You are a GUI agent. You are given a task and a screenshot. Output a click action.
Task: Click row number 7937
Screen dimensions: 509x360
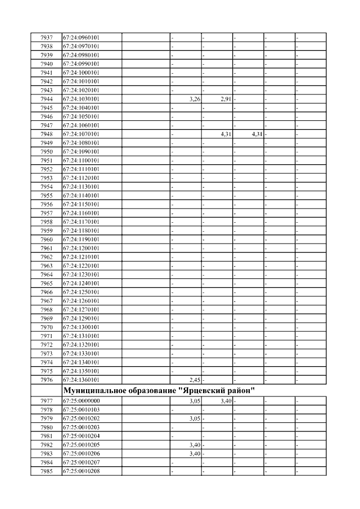[47, 38]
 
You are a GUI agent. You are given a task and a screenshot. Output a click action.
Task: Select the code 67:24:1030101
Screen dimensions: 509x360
[81, 99]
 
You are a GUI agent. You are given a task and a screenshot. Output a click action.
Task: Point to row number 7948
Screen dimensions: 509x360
[47, 134]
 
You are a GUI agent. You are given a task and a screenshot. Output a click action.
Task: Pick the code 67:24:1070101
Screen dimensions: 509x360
[81, 134]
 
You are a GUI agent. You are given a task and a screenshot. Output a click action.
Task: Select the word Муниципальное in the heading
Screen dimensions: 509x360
[93, 390]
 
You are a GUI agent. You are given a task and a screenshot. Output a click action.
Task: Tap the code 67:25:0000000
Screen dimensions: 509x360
[81, 401]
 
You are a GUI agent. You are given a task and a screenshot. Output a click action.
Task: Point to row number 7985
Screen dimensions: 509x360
[47, 471]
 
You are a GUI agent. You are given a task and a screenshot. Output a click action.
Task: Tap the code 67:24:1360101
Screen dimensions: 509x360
[81, 380]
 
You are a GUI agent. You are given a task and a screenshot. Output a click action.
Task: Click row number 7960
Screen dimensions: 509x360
[47, 240]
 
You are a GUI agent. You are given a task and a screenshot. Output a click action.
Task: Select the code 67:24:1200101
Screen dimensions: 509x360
[81, 248]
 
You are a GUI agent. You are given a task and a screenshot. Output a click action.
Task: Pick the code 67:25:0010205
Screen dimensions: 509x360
[81, 445]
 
